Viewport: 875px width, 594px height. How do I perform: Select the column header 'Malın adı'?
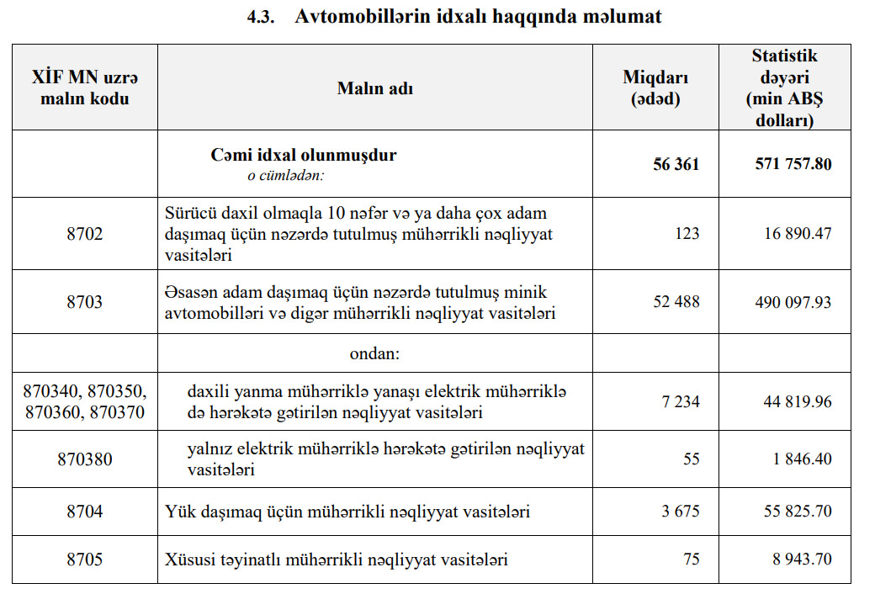375,88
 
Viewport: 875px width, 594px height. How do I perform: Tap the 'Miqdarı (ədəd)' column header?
655,88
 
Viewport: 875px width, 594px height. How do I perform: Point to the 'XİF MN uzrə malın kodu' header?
84,88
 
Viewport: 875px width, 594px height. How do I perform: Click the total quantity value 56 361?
676,164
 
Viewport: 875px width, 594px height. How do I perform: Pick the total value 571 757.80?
793,164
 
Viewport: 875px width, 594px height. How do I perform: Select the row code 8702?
84,233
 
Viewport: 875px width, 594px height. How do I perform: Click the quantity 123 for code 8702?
687,233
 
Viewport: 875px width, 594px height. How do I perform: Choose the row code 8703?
84,301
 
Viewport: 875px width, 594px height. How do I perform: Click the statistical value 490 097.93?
793,301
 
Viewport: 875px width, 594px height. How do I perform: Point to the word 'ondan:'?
374,353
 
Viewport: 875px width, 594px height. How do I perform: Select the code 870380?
84,459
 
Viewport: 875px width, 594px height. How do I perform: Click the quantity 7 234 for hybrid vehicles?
681,401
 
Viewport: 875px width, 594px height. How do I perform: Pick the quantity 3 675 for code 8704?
681,511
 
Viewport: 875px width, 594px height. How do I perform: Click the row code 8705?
84,559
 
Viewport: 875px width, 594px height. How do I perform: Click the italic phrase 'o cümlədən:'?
285,176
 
